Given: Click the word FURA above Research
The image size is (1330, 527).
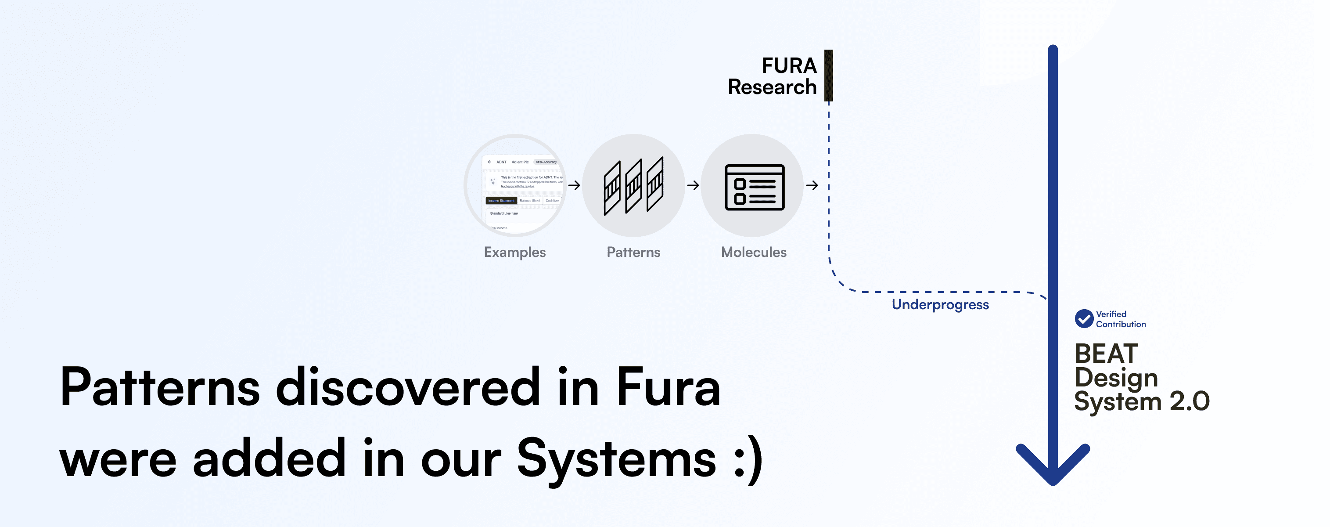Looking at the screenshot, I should pyautogui.click(x=789, y=65).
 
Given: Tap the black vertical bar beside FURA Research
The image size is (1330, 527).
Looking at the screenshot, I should pyautogui.click(x=829, y=76).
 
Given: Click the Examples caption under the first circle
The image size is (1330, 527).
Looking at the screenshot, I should pyautogui.click(x=515, y=252).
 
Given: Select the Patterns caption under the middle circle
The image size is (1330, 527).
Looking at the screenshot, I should pyautogui.click(x=633, y=252).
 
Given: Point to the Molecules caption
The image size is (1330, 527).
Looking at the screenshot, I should pyautogui.click(x=754, y=252).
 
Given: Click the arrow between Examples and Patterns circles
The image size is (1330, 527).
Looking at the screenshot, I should pyautogui.click(x=574, y=185).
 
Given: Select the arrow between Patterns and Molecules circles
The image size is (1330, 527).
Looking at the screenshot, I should pyautogui.click(x=693, y=185).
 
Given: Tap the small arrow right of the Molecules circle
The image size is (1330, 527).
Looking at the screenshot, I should pyautogui.click(x=812, y=185).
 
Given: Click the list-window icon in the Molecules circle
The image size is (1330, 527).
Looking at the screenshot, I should pyautogui.click(x=754, y=187).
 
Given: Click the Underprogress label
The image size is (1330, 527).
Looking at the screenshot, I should pyautogui.click(x=940, y=304).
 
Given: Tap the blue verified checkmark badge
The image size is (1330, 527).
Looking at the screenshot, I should pyautogui.click(x=1084, y=319).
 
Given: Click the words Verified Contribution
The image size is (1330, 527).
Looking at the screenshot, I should pyautogui.click(x=1120, y=319).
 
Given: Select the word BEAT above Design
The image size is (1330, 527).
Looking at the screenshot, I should pyautogui.click(x=1107, y=354).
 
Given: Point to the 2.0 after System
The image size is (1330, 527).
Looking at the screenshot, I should pyautogui.click(x=1190, y=401).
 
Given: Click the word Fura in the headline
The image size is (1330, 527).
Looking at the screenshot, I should pyautogui.click(x=668, y=387).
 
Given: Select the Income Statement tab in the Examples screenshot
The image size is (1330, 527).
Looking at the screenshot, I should pyautogui.click(x=501, y=200).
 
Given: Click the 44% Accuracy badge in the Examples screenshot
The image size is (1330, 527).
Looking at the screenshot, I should pyautogui.click(x=546, y=162).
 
